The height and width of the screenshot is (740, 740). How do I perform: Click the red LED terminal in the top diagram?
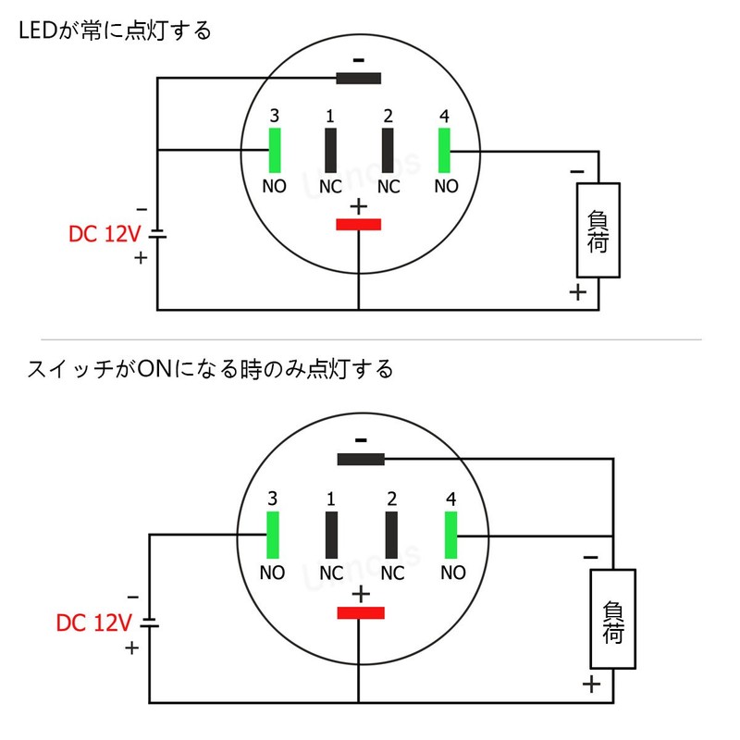coord(358,224)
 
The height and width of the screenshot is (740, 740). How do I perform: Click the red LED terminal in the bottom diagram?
coord(361,612)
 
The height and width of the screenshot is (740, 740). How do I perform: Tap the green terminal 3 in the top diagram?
coord(275,150)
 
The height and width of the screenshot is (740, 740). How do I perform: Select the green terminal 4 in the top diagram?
coord(444,150)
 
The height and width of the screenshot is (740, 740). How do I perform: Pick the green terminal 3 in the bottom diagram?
coord(273,535)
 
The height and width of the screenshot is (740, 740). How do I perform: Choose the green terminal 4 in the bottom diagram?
coord(450,535)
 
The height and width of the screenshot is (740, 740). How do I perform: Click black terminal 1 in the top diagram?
coord(330,150)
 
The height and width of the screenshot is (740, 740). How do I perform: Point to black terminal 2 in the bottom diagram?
coord(391,535)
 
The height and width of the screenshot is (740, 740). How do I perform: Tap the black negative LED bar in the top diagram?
coord(358,79)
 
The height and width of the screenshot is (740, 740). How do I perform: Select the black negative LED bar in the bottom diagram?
coord(361,459)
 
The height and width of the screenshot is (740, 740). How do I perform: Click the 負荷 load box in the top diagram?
coord(598,230)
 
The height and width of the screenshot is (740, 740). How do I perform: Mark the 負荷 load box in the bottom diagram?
coord(612,619)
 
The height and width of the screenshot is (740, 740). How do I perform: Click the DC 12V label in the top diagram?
coord(105,234)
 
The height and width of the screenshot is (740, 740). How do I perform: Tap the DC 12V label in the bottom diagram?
coord(94,623)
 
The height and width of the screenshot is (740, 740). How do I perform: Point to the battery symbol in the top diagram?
coord(157,234)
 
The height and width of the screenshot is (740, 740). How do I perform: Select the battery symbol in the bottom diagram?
coord(150,623)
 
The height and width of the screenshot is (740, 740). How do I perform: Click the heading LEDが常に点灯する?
coord(115,31)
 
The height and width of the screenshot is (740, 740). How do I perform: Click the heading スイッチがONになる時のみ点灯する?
coord(210,368)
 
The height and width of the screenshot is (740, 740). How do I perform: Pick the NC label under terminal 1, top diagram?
coord(330,187)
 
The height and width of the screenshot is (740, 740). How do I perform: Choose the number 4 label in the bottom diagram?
coord(451,499)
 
